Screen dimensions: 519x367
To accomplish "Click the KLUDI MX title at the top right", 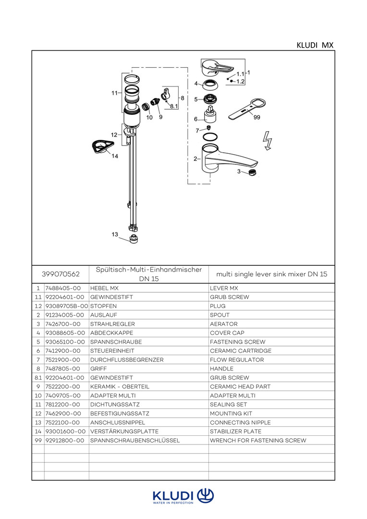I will coord(315,45).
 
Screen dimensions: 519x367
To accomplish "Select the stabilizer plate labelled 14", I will coord(101,146).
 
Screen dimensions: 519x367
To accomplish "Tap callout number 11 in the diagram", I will coord(114,93).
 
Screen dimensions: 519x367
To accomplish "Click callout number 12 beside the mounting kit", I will coord(114,135).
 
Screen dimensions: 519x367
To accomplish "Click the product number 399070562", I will coord(61,274).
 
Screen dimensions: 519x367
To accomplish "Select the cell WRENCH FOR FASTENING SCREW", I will coord(258,440).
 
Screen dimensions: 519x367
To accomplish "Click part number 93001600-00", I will coord(65,432).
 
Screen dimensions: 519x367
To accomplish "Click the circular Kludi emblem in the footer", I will coord(206,495).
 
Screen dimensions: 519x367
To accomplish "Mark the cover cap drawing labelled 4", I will coord(210,86).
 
